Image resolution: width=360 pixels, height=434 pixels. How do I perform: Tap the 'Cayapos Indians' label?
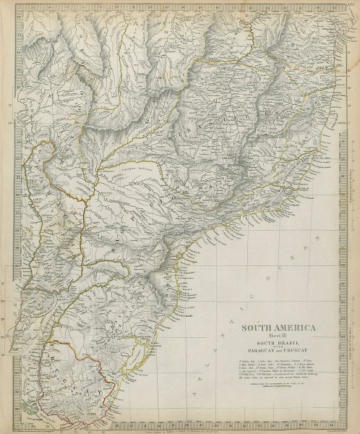(x=136, y=168)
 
